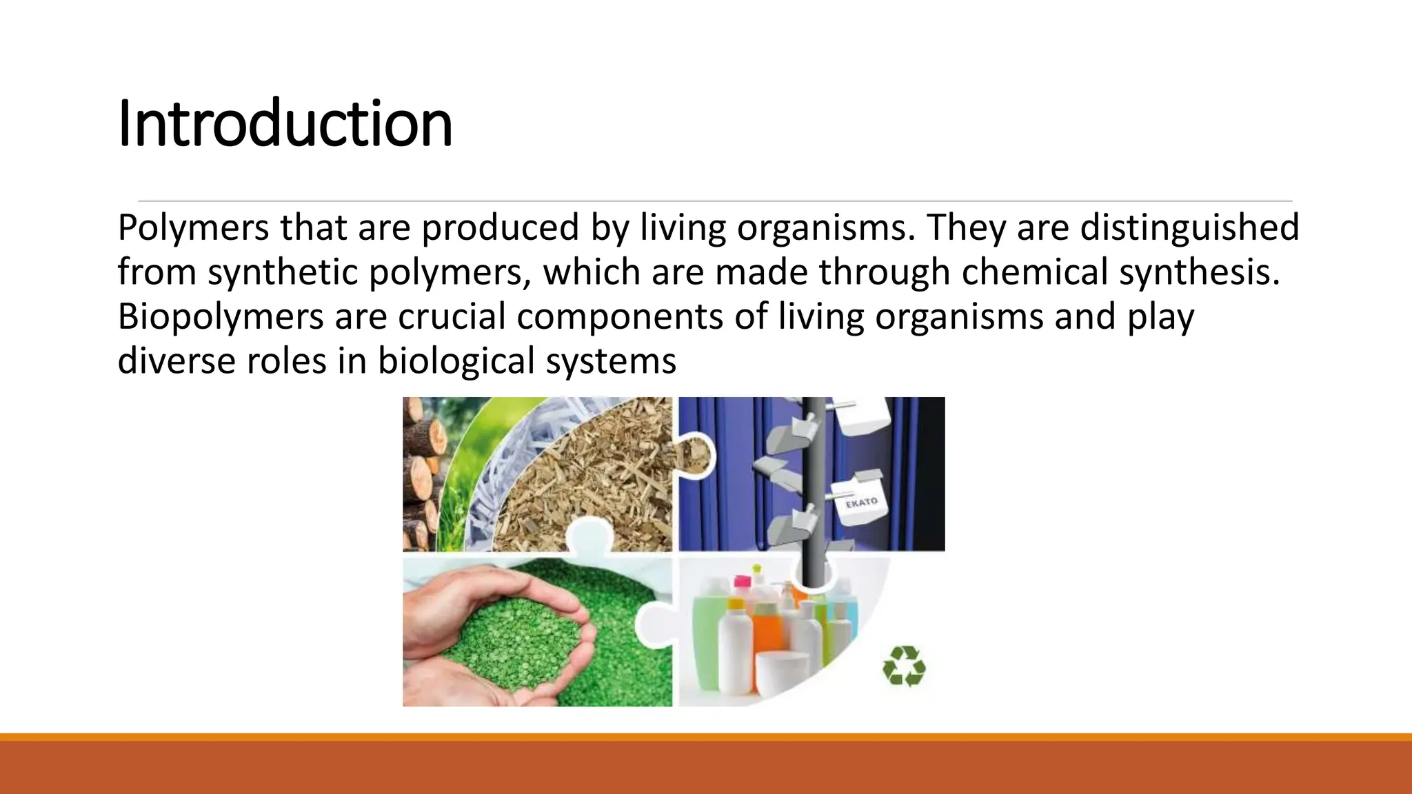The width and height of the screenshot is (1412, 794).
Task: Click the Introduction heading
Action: [x=285, y=124]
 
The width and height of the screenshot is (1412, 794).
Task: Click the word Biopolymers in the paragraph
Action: [x=220, y=317]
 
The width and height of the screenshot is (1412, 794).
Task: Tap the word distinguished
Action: [x=1189, y=227]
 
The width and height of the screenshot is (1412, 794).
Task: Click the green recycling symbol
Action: [x=904, y=666]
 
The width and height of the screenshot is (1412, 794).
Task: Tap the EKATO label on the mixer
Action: [x=861, y=502]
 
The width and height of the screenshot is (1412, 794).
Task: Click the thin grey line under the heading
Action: [x=714, y=201]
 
